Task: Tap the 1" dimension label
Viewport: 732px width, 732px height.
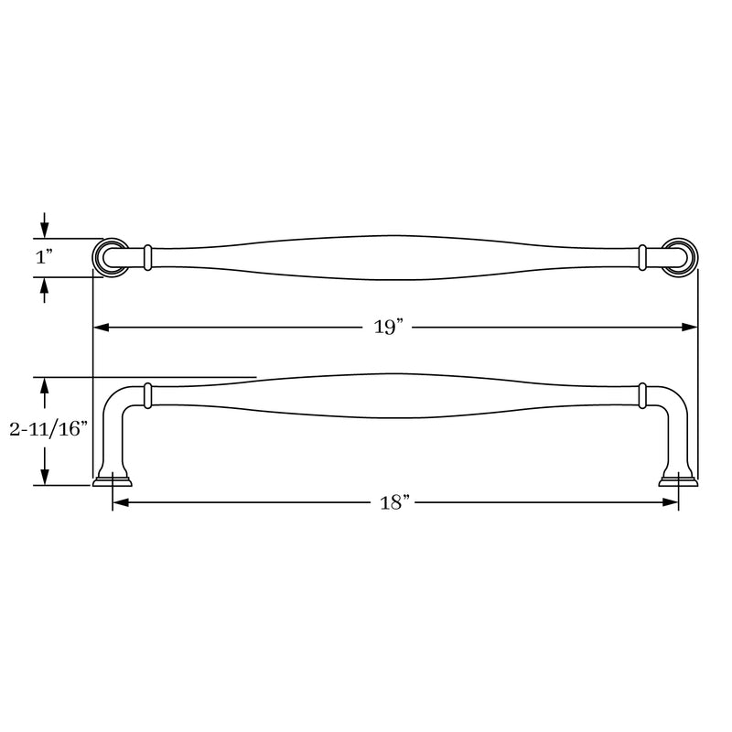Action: pos(44,257)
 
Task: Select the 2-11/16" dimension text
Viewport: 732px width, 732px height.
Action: pos(48,428)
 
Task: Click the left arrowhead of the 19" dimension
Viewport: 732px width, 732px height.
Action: pos(102,328)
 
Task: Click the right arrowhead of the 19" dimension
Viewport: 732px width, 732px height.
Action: pos(690,328)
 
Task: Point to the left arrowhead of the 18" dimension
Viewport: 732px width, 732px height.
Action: pos(121,502)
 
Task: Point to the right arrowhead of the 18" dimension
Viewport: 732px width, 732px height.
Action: pos(671,502)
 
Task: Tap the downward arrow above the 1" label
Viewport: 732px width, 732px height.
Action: pos(44,225)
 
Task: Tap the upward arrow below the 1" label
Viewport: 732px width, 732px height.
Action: pos(44,290)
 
